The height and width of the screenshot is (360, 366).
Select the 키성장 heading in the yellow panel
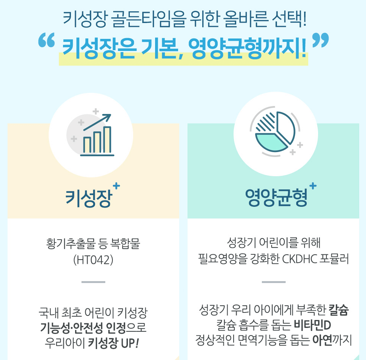tap(89, 198)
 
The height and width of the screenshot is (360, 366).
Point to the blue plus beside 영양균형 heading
tap(313, 185)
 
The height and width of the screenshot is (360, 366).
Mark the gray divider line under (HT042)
tap(93, 282)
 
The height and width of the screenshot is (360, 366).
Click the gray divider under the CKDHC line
tap(274, 282)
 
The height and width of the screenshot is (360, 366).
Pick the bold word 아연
tap(321, 340)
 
